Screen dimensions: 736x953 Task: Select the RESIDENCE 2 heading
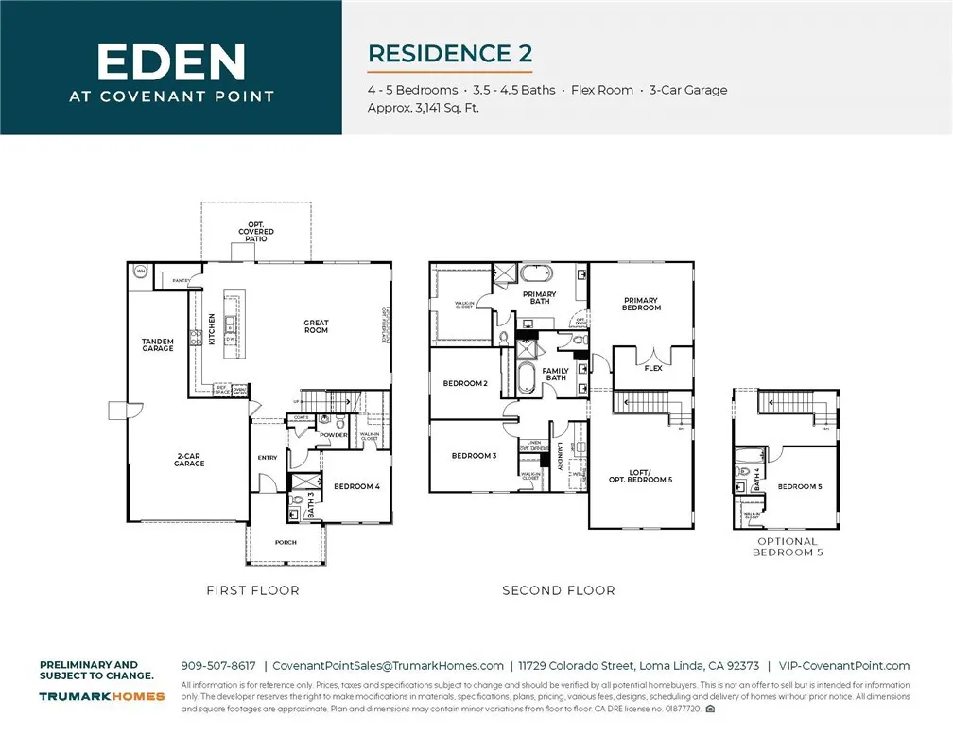449,54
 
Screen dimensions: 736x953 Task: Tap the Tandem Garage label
158,345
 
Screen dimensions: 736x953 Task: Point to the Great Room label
316,327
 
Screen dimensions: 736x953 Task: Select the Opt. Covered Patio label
256,232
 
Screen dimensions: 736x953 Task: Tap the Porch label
286,543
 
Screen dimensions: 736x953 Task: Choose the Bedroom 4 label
356,487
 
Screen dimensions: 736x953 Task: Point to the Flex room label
652,368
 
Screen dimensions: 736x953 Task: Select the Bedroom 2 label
465,383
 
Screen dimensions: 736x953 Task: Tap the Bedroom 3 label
474,456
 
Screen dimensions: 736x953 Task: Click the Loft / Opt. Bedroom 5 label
640,478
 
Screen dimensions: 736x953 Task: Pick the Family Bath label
555,375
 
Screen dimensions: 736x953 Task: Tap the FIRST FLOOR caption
252,590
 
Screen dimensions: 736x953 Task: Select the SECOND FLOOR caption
558,590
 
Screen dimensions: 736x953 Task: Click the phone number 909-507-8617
217,666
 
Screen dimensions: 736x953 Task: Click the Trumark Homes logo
102,696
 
